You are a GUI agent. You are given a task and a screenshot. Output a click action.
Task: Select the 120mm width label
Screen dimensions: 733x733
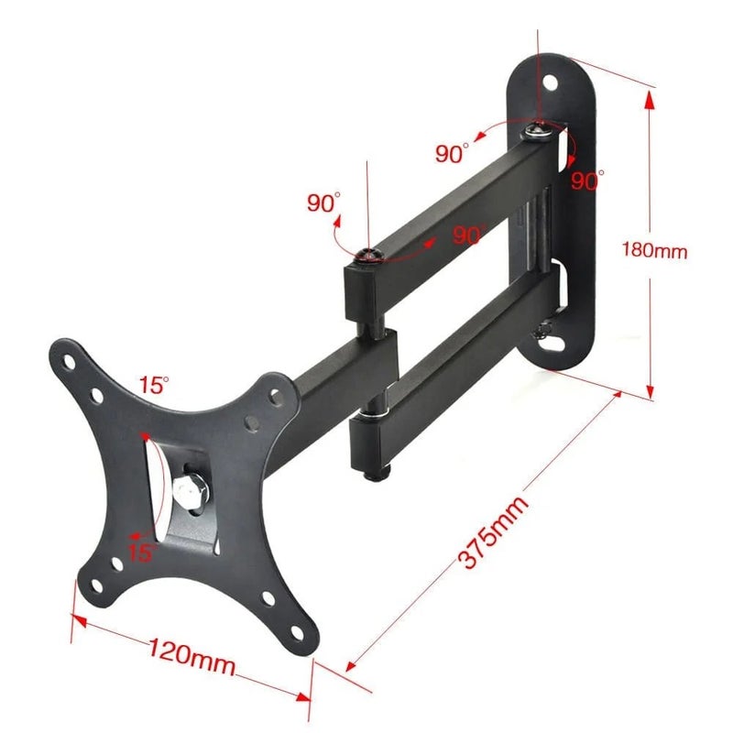click(191, 657)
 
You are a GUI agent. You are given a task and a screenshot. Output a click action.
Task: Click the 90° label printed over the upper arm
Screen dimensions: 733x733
click(468, 235)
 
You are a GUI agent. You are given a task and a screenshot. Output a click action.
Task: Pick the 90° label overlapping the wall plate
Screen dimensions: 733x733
click(587, 181)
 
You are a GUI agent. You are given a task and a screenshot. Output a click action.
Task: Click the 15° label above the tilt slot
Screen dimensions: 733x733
click(154, 385)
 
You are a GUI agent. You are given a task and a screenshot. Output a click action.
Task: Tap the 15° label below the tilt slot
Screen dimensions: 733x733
click(143, 552)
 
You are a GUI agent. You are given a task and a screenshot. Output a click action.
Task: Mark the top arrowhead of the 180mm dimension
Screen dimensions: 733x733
click(650, 100)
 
